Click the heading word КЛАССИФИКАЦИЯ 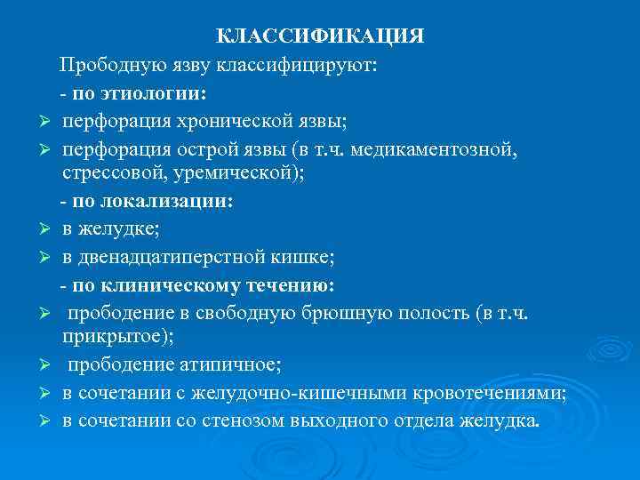[321, 36]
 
